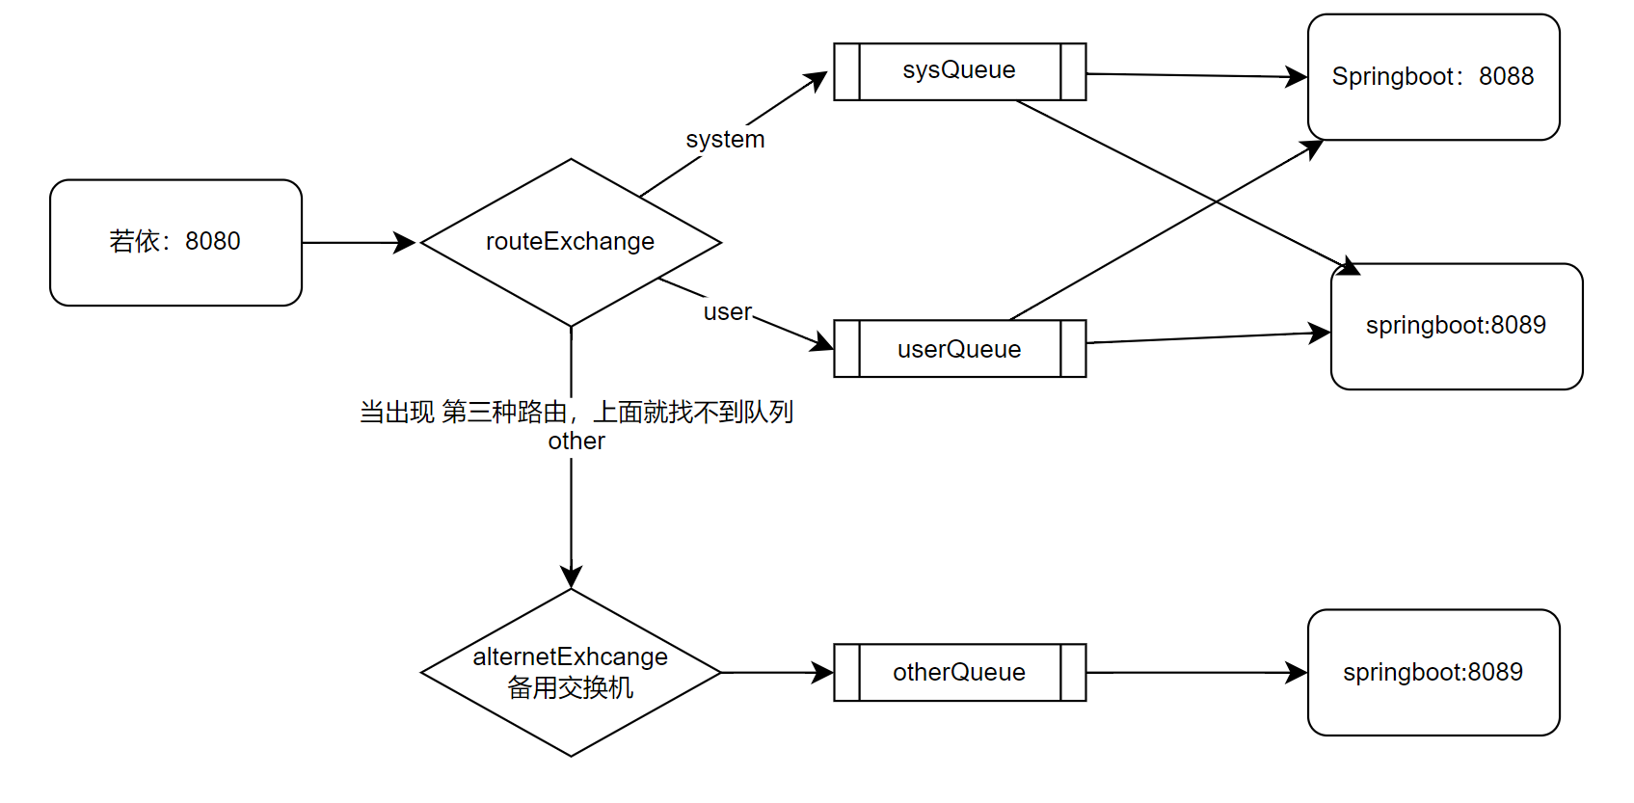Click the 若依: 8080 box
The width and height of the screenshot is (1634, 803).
point(175,242)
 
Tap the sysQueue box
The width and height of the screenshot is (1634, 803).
point(959,71)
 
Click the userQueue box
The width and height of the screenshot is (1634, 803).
point(959,349)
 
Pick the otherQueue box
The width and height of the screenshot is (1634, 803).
point(959,672)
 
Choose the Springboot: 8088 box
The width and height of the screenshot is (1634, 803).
point(1433,77)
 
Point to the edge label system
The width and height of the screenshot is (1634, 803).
point(725,140)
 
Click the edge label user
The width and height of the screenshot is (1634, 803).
point(727,312)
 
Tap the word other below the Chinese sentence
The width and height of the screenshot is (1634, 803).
point(576,442)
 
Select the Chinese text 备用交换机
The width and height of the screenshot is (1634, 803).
point(571,688)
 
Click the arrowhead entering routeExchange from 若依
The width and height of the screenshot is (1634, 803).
point(406,243)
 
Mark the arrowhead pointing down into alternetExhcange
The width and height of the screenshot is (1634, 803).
point(571,576)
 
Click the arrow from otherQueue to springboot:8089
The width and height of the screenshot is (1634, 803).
point(1195,673)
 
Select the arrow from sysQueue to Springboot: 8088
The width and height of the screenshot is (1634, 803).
point(1195,75)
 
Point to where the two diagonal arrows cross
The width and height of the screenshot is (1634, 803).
point(1216,201)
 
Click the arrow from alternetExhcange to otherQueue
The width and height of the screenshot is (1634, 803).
point(776,673)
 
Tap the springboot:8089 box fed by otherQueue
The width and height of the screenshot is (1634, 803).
point(1433,672)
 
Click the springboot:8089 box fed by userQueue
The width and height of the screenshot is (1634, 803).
point(1456,326)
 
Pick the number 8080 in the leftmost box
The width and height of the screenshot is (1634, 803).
point(213,241)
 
